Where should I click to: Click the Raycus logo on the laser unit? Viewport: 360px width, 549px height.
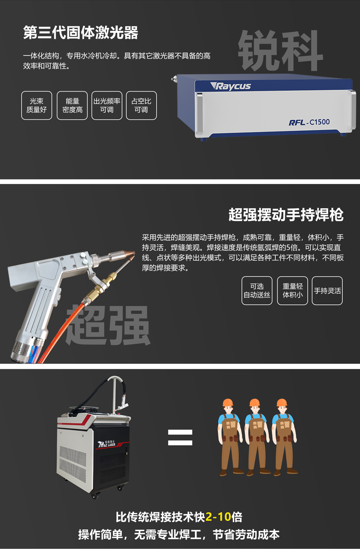[x=231, y=86]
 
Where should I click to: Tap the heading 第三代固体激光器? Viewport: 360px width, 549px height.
[x=80, y=33]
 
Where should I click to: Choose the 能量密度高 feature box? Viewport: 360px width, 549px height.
[x=72, y=105]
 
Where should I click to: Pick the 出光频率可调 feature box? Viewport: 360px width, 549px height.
[x=107, y=105]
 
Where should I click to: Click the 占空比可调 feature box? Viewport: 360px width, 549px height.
[x=141, y=105]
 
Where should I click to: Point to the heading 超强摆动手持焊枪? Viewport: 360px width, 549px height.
[x=286, y=215]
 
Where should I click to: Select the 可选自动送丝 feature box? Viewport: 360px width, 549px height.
[x=257, y=291]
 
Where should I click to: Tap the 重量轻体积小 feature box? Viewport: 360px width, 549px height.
[x=293, y=291]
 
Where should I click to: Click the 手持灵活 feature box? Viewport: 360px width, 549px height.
[x=327, y=291]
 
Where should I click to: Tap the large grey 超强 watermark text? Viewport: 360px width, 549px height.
[x=108, y=325]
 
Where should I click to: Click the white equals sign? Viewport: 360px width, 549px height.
[x=180, y=437]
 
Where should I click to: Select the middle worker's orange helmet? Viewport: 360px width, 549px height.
[x=254, y=402]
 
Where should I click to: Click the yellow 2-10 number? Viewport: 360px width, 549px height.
[x=218, y=517]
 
